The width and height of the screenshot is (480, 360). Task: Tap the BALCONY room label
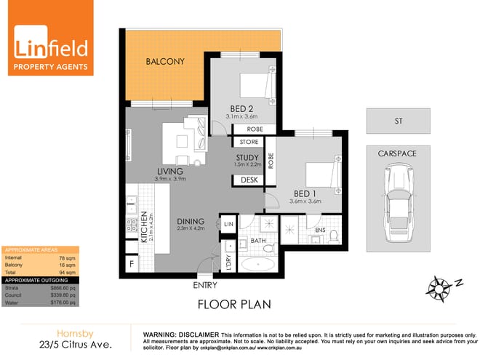(x=164, y=62)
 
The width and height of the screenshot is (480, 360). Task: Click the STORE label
(x=249, y=142)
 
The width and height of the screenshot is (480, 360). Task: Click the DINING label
(x=191, y=221)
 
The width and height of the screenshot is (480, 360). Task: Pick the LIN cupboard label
(x=228, y=225)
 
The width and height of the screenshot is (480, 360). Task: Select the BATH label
(x=259, y=240)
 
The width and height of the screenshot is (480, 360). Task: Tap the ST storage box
(x=398, y=121)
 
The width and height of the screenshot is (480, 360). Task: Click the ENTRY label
(x=204, y=286)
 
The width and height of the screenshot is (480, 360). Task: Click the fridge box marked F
(x=132, y=264)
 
